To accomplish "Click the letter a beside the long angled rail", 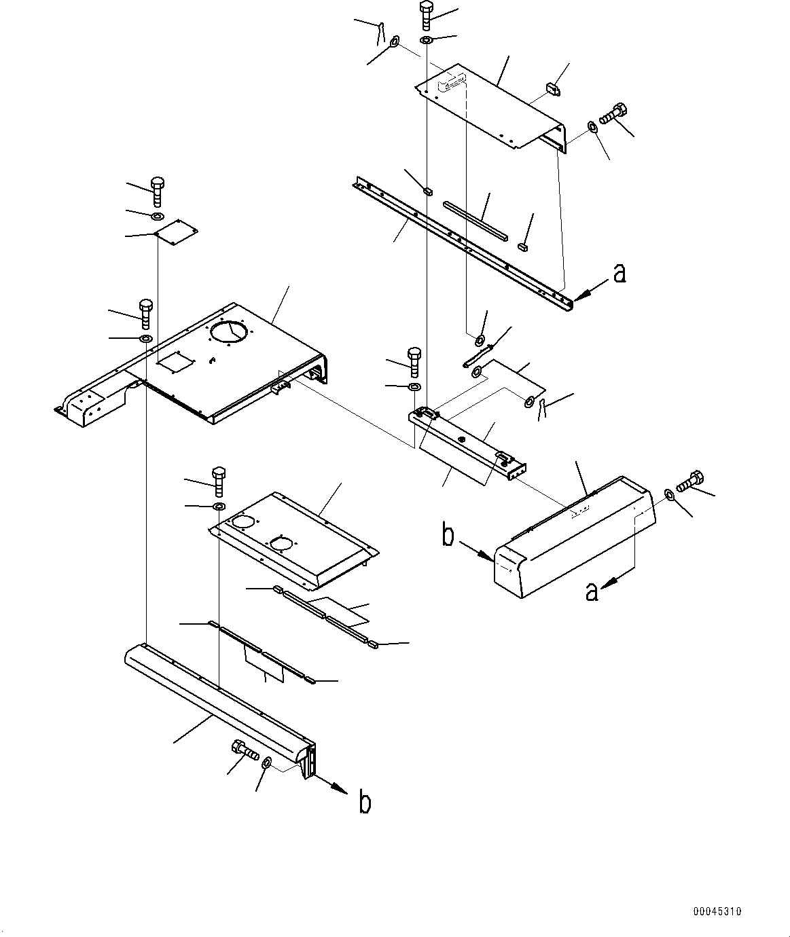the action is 620,273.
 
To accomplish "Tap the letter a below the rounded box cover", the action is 592,591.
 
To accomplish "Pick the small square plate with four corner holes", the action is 175,232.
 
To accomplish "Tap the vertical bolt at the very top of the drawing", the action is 426,15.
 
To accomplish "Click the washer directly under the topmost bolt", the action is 426,40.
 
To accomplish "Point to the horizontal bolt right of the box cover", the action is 690,481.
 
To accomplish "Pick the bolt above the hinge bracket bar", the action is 414,362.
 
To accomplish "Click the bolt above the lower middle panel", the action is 219,482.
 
